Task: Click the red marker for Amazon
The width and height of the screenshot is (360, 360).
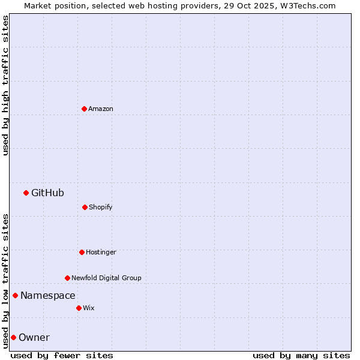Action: point(84,109)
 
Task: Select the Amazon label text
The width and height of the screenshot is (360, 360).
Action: point(101,109)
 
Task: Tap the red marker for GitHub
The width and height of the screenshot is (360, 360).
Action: point(26,193)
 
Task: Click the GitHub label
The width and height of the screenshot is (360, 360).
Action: point(47,193)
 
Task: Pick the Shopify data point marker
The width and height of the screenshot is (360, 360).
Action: point(85,207)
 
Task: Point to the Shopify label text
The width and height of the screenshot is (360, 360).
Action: point(101,207)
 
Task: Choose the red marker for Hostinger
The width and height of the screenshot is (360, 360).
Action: point(82,252)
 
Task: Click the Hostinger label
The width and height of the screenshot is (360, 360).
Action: point(101,252)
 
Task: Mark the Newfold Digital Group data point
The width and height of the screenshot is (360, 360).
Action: point(67,278)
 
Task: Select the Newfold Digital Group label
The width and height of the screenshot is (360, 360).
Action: point(106,278)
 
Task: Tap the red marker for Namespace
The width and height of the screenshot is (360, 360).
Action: point(15,295)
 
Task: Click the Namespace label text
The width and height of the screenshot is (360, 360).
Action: point(48,295)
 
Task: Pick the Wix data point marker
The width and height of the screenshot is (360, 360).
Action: point(79,308)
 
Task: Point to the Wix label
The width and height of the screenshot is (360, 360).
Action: point(89,308)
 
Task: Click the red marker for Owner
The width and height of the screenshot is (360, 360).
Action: point(13,337)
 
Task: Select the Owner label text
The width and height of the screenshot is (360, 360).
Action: point(34,337)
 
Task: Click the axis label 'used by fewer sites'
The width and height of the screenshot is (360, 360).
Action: point(62,355)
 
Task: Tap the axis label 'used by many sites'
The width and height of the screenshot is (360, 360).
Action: point(301,355)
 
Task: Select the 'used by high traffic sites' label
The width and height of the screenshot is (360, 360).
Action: point(5,85)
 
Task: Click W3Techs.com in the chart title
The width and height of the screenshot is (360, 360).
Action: point(307,5)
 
